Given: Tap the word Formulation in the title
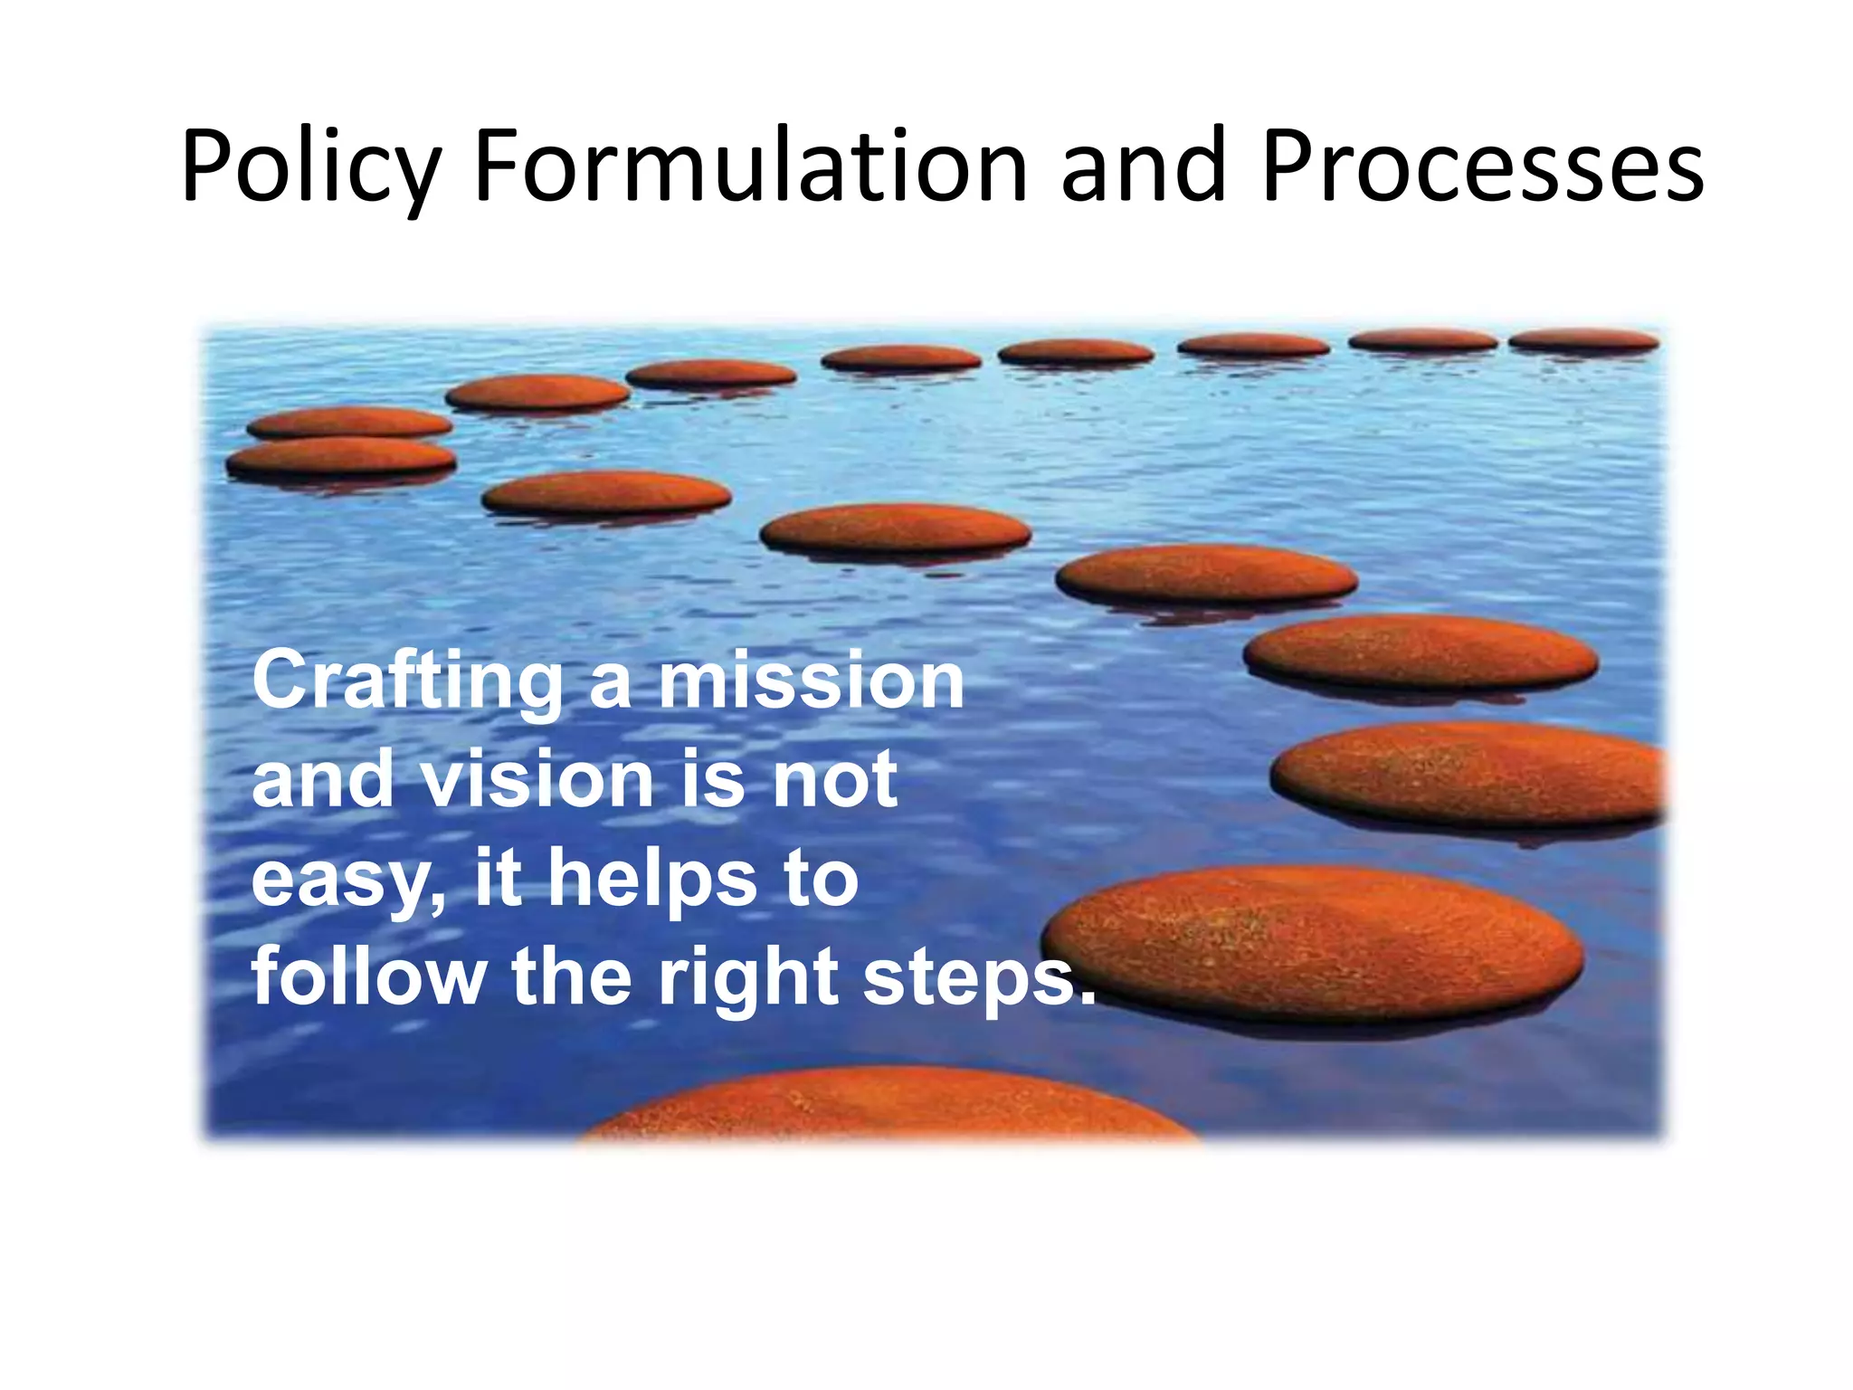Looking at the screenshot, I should click(750, 167).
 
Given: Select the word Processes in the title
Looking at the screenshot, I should click(1482, 167).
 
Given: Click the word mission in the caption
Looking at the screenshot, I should click(811, 681).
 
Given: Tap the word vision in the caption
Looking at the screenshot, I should click(537, 779).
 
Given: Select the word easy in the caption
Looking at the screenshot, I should click(348, 881).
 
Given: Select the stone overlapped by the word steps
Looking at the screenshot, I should click(1312, 941).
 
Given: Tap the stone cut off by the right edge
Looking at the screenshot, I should click(1470, 774).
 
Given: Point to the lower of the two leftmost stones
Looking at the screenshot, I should click(341, 457).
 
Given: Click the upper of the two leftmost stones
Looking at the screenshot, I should click(348, 422).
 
